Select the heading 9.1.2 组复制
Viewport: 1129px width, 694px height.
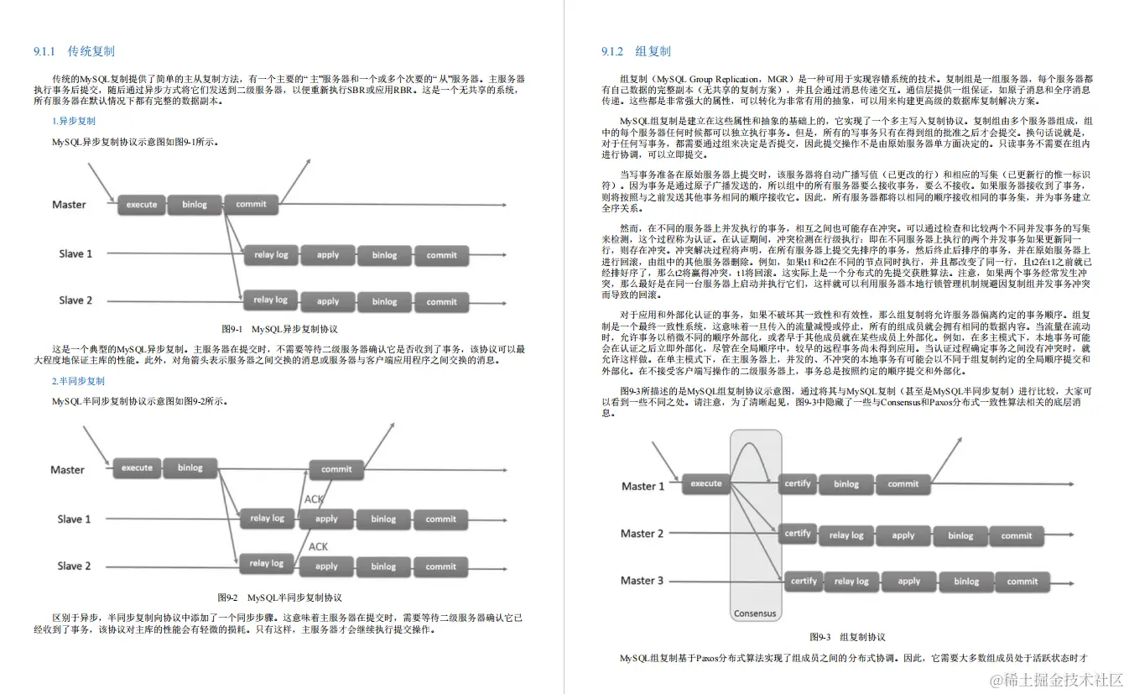tap(635, 51)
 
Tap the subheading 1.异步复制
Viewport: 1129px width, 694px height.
tap(74, 121)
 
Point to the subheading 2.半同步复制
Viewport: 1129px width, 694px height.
tap(78, 381)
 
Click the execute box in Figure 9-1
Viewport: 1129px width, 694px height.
tap(141, 204)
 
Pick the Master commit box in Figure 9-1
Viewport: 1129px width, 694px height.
tap(251, 204)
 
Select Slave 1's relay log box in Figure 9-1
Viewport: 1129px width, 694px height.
tap(270, 255)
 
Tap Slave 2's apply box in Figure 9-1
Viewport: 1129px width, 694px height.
tap(328, 301)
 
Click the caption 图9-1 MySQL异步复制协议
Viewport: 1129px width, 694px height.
tap(279, 329)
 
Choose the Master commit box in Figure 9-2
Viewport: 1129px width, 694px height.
tap(336, 469)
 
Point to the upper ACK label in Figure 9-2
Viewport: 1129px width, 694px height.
tap(314, 499)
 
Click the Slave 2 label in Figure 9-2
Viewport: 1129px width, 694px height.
tap(74, 566)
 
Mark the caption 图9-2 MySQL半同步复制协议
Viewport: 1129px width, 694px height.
tap(279, 597)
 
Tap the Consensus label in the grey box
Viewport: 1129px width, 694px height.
tap(755, 613)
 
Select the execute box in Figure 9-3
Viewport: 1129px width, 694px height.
tap(706, 483)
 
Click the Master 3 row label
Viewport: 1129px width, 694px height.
tap(643, 581)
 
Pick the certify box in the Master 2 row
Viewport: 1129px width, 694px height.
tap(798, 534)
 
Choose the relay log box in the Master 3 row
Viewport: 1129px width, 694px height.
tap(851, 581)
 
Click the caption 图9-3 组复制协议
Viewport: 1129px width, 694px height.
tap(847, 637)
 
